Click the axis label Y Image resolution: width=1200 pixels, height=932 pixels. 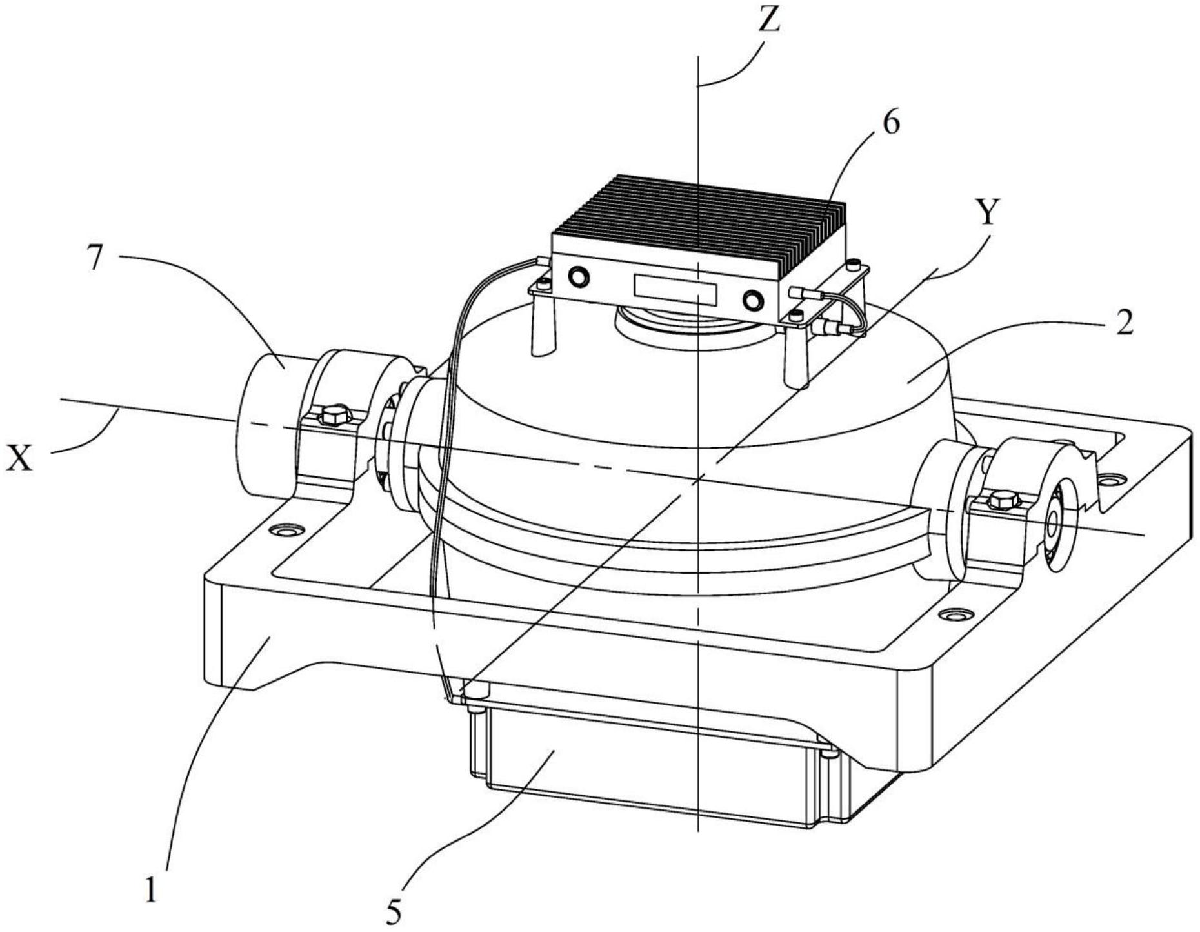987,211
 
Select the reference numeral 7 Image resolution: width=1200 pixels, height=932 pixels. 95,258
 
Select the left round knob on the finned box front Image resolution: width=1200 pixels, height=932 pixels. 578,276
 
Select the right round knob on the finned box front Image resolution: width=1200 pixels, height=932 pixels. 753,300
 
